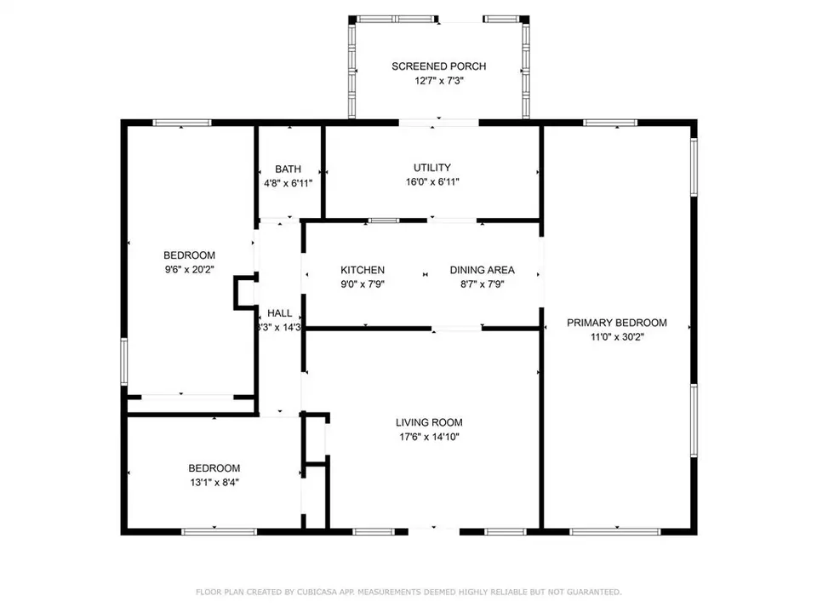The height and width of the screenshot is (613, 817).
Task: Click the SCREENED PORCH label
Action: [x=438, y=66]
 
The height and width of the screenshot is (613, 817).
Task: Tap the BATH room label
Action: [x=288, y=169]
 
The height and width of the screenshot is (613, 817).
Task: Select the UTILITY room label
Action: [x=432, y=168]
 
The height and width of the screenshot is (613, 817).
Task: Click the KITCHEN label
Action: [x=363, y=271]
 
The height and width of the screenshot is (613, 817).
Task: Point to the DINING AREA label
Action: [x=483, y=271]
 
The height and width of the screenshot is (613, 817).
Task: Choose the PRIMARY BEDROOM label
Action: [x=617, y=323]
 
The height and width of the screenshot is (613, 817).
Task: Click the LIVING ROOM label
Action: [x=429, y=422]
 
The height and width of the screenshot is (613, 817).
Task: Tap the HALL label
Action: [x=280, y=312]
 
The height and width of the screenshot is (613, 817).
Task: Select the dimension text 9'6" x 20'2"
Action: [x=189, y=269]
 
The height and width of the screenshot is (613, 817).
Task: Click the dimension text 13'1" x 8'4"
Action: [x=214, y=482]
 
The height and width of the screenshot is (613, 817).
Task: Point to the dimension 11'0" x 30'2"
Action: [x=617, y=337]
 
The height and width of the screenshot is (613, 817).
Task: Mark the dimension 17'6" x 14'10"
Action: [x=429, y=437]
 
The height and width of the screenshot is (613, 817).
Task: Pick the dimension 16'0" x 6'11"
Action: [x=432, y=182]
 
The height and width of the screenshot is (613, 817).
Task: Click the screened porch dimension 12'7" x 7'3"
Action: [x=438, y=81]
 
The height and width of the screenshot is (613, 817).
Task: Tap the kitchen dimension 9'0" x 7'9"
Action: [x=363, y=285]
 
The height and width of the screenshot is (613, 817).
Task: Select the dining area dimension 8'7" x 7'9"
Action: [x=483, y=285]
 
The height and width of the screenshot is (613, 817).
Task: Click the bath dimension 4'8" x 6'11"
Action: [x=288, y=183]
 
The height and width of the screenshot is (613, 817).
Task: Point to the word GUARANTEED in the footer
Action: [x=592, y=592]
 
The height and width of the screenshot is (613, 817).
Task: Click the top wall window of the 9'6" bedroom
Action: [x=182, y=123]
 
